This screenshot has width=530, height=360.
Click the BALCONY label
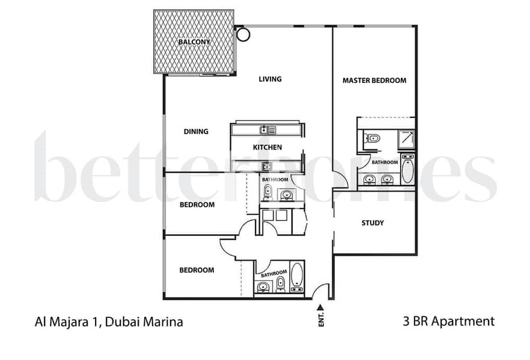coord(194,42)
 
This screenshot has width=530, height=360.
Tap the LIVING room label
coord(270,79)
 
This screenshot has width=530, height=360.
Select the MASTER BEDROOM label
coord(374,81)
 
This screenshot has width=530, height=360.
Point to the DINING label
coord(196,132)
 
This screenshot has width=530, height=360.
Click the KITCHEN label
coord(267,147)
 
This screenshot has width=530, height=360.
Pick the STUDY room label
coord(373,223)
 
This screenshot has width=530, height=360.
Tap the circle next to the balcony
coord(243,34)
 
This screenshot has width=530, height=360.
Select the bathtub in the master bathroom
coord(407,169)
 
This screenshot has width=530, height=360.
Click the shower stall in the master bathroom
coord(407,139)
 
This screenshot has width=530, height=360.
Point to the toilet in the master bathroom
coord(371,138)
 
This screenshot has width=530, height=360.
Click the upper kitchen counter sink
coord(267,130)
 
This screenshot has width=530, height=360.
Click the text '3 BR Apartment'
coord(448,321)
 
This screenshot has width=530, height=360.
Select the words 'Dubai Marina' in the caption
coord(144,322)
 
